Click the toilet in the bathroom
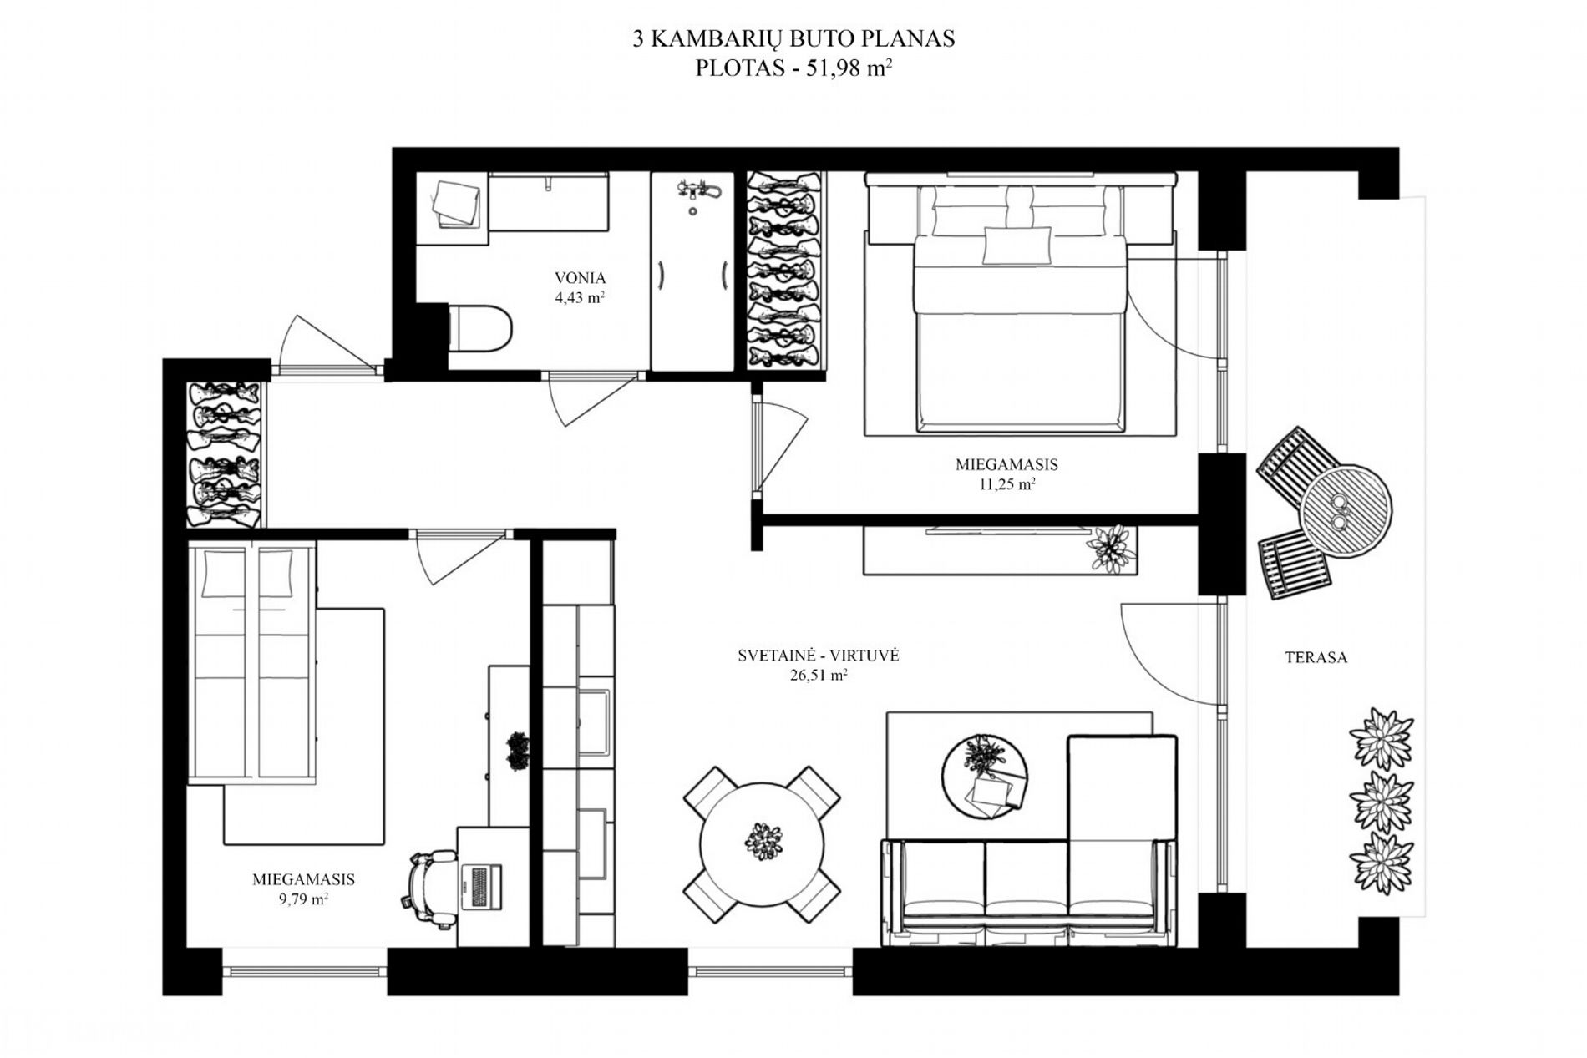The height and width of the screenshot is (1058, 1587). [x=479, y=327]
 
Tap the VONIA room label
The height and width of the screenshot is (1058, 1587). [x=580, y=278]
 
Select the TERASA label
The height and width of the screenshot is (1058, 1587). [x=1316, y=657]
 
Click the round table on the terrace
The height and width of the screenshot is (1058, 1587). [x=1346, y=509]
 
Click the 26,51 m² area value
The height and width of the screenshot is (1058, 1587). [x=819, y=676]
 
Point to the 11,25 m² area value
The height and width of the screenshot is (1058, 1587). [x=1007, y=484]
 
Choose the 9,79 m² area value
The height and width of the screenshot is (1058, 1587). [x=302, y=899]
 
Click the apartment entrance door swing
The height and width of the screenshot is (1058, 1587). [x=326, y=342]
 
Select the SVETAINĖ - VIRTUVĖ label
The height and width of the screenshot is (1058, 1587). [x=819, y=656]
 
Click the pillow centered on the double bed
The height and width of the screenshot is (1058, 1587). [x=1017, y=246]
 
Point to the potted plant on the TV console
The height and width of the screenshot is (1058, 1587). [x=1111, y=549]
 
